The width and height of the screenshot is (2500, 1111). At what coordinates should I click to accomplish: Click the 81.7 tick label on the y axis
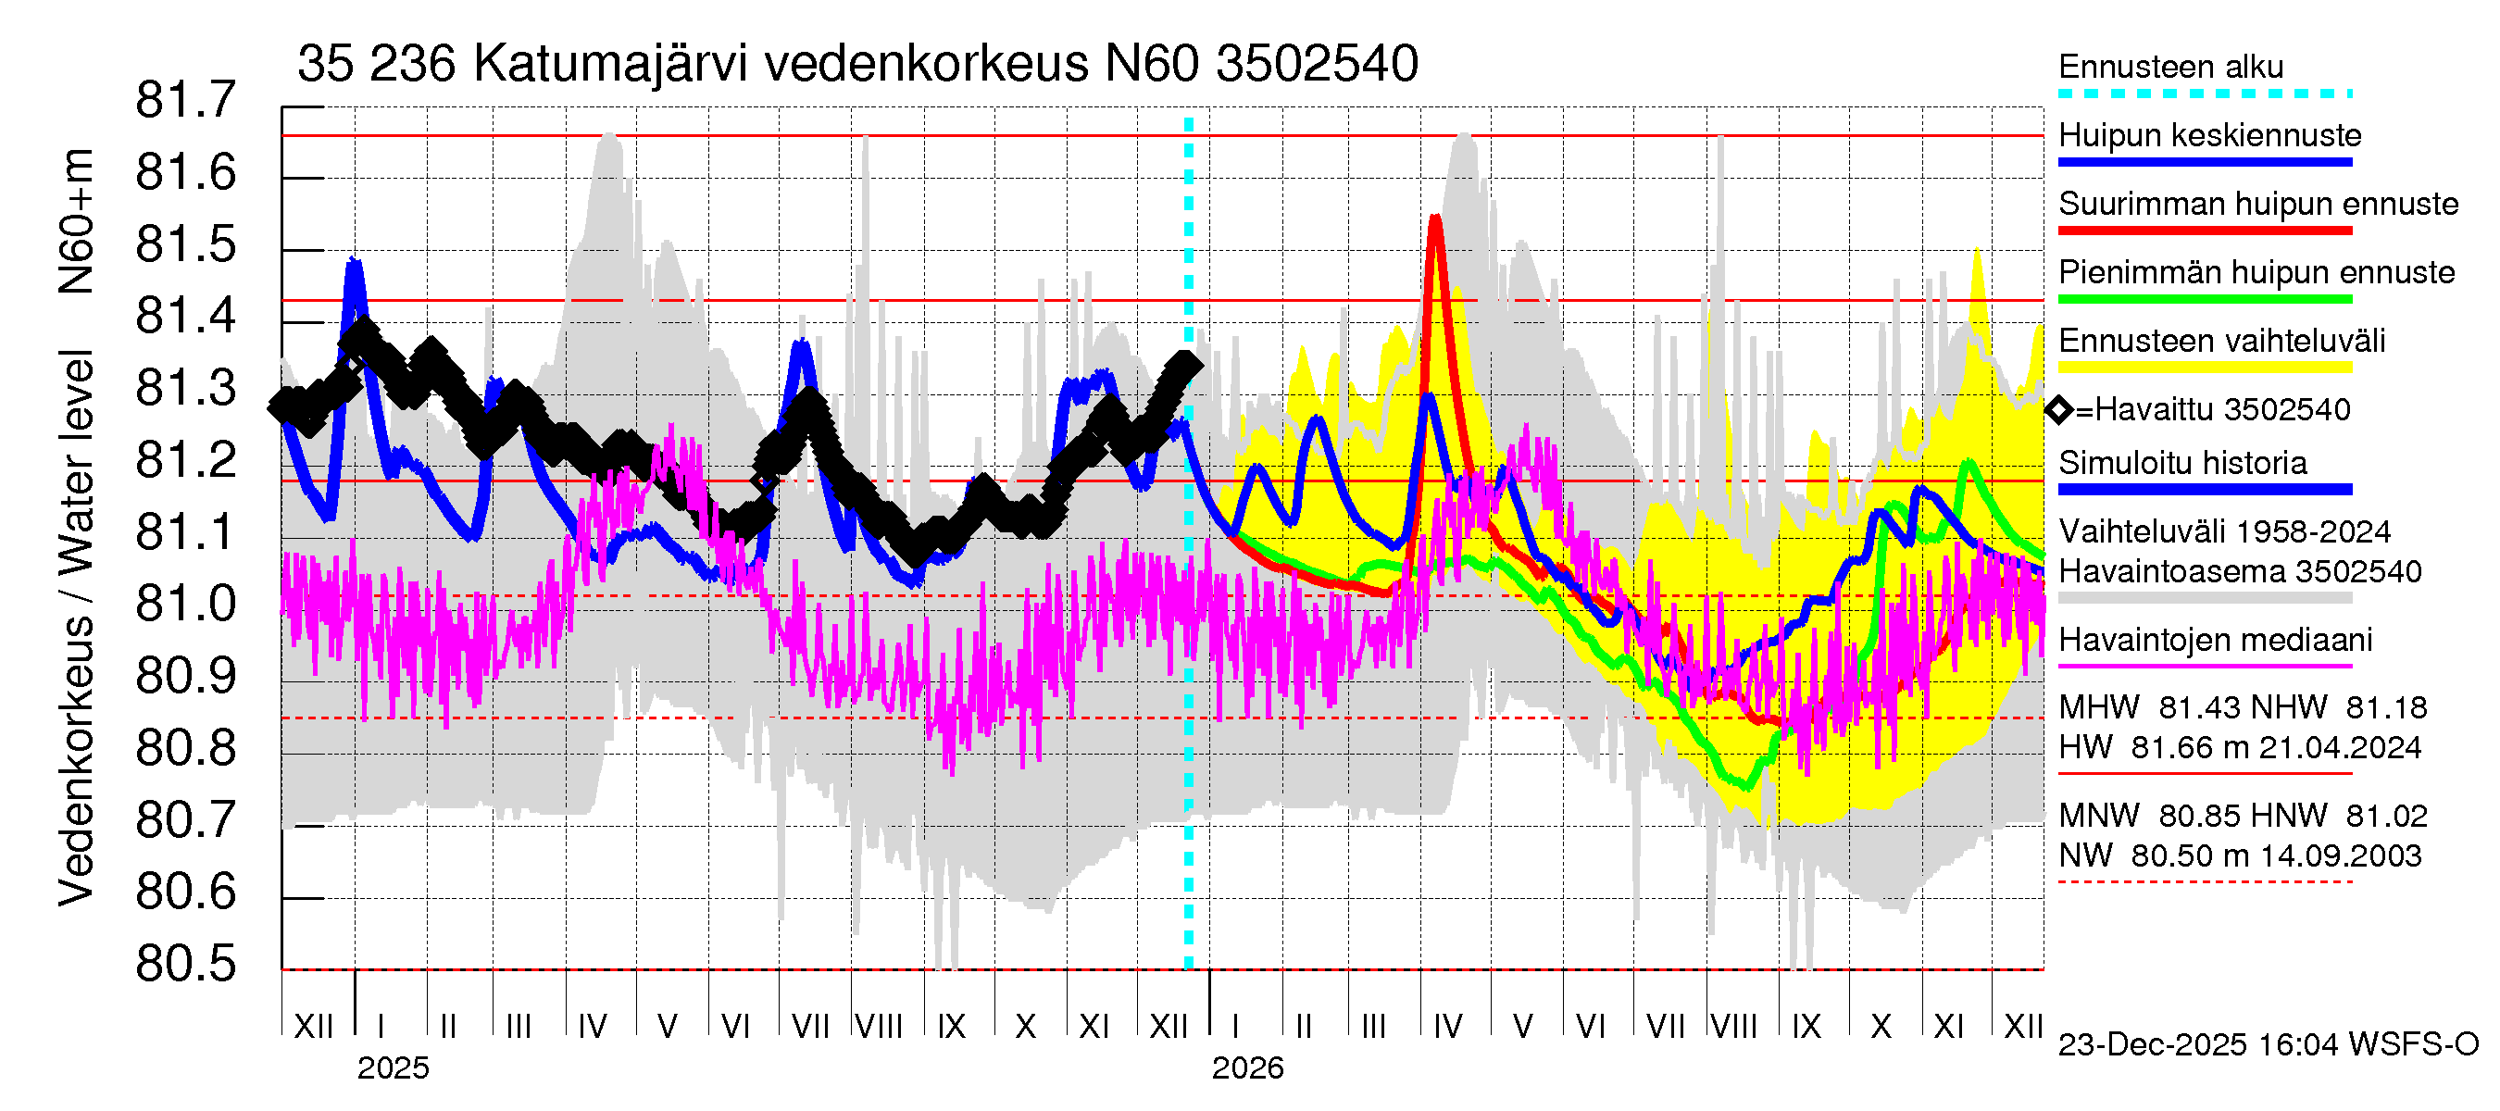click(185, 101)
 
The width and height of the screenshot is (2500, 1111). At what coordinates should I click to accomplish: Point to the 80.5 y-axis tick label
click(185, 965)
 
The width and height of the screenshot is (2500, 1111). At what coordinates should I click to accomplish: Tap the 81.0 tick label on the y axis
click(185, 605)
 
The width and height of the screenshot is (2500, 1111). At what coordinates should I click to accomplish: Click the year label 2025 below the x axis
click(392, 1068)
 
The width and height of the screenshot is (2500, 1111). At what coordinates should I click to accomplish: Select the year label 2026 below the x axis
click(1247, 1068)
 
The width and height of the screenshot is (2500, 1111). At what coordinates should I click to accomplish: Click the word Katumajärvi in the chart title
click(610, 64)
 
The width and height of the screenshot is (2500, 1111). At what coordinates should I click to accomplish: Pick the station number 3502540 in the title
click(1317, 64)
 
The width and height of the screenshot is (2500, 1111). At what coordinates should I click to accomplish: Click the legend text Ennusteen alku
click(2170, 67)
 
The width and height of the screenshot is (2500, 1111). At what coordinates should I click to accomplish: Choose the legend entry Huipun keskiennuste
click(2210, 135)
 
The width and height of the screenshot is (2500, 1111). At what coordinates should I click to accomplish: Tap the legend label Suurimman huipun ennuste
click(2257, 204)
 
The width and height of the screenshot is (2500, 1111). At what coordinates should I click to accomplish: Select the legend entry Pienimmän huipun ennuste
click(2256, 272)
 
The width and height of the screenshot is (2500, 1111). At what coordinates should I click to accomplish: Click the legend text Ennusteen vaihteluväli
click(2221, 341)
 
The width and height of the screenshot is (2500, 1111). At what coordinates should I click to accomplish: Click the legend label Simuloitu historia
click(2182, 463)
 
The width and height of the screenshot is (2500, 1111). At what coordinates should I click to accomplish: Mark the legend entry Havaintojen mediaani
click(2215, 641)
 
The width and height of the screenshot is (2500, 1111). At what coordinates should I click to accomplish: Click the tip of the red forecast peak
click(1434, 218)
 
